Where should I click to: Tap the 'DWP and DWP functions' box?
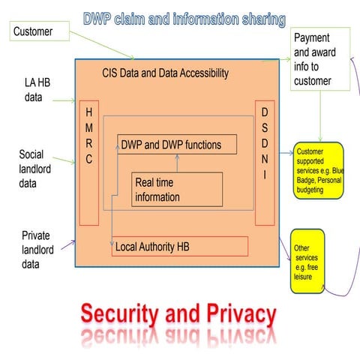click(176, 144)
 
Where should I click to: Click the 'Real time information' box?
click(177, 189)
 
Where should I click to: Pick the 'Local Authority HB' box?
click(180, 246)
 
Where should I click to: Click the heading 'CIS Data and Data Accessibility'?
click(165, 73)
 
